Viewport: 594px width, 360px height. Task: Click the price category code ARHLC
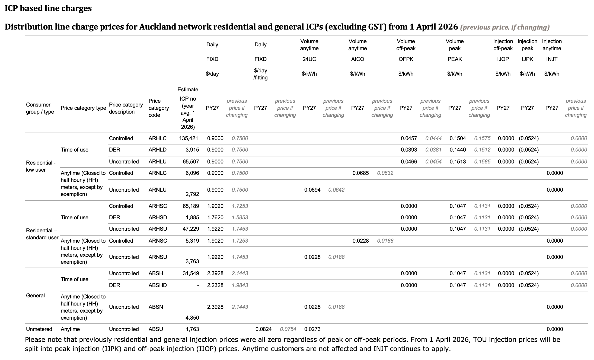[x=157, y=138]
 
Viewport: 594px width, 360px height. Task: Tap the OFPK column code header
[x=406, y=59]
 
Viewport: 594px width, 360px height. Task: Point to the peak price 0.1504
[x=458, y=138]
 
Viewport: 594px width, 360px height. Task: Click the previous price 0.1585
[x=482, y=162]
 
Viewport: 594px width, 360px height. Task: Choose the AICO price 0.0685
[x=360, y=173]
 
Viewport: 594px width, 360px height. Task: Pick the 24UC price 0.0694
[x=312, y=190]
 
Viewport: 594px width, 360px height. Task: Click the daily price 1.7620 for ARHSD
[x=215, y=217]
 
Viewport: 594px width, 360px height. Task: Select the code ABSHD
[x=158, y=285]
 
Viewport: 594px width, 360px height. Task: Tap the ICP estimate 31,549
[x=191, y=273]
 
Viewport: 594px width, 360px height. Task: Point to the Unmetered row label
[x=39, y=329]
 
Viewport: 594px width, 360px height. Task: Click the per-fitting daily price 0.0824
[x=263, y=329]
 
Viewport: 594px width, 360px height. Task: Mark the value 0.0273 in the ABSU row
[x=312, y=329]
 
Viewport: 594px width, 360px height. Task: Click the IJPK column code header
[x=527, y=59]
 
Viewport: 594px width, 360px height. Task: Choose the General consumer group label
[x=35, y=295]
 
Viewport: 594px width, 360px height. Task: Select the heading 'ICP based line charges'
[x=48, y=8]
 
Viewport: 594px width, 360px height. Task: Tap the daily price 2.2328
[x=215, y=285]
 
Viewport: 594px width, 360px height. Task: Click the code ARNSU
[x=158, y=257]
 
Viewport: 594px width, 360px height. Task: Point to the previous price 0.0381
[x=433, y=150]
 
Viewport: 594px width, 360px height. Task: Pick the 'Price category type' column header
[x=83, y=108]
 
